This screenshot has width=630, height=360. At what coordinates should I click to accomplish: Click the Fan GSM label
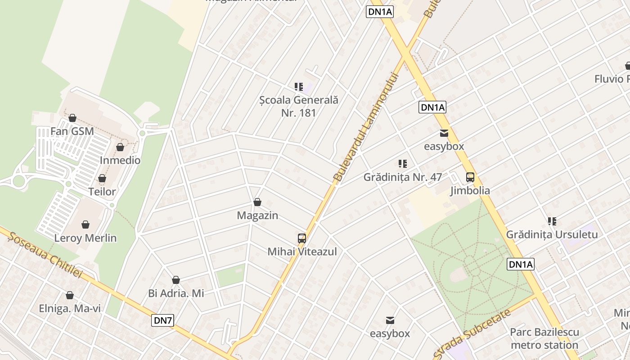click(72, 131)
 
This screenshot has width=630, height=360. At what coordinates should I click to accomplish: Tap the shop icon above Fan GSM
click(72, 118)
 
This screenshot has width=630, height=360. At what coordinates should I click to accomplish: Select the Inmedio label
click(120, 160)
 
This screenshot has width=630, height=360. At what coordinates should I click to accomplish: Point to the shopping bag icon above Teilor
click(102, 178)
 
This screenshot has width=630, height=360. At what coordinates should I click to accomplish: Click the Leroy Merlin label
click(85, 238)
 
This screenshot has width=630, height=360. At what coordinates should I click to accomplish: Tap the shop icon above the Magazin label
click(257, 202)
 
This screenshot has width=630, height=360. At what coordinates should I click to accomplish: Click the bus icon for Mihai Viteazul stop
click(302, 238)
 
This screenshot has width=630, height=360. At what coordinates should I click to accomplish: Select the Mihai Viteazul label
click(302, 252)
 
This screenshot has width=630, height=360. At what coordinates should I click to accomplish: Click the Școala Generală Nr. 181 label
click(299, 106)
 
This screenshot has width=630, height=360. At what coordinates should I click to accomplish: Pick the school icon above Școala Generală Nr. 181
click(299, 86)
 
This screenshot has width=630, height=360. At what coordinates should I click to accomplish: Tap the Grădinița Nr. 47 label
click(403, 177)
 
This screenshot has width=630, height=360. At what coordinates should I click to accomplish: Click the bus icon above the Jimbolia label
click(470, 177)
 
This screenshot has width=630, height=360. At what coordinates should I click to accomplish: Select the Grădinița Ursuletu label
click(552, 234)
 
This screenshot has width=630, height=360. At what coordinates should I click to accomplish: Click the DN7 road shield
click(163, 320)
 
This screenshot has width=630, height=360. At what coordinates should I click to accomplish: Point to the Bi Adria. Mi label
click(176, 293)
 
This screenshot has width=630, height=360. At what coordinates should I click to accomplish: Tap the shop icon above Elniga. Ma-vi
click(70, 295)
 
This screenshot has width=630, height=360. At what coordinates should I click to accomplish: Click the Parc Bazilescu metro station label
click(544, 338)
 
